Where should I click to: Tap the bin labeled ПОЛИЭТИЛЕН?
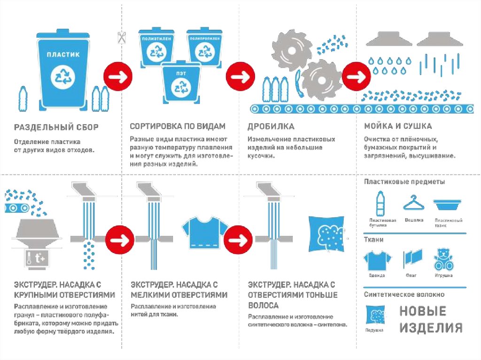(156, 49)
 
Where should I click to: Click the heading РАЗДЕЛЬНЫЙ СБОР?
(56, 127)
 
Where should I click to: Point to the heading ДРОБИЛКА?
(271, 127)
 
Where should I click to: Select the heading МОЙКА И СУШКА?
(398, 127)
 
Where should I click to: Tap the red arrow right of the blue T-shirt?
(239, 239)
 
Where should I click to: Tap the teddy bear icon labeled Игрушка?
(444, 259)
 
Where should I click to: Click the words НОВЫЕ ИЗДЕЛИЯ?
(431, 320)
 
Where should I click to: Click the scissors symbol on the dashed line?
(122, 38)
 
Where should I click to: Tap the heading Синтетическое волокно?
(404, 295)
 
